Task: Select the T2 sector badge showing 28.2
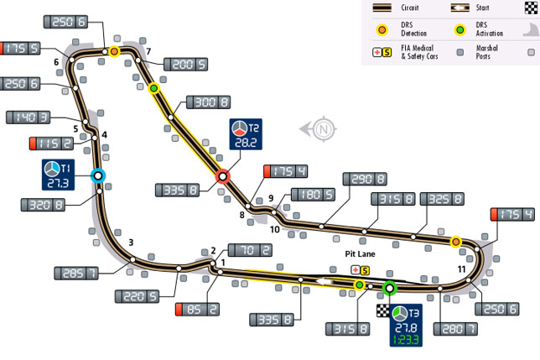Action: tap(245, 135)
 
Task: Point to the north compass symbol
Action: tap(323, 129)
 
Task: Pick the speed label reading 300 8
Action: tap(207, 102)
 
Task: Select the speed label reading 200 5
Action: tap(185, 64)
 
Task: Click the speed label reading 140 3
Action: tap(30, 117)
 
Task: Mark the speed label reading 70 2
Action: tap(251, 250)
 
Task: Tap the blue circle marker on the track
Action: tap(97, 175)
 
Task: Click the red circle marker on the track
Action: tap(223, 176)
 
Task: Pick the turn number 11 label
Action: tap(462, 268)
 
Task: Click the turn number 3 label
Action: tap(131, 243)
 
